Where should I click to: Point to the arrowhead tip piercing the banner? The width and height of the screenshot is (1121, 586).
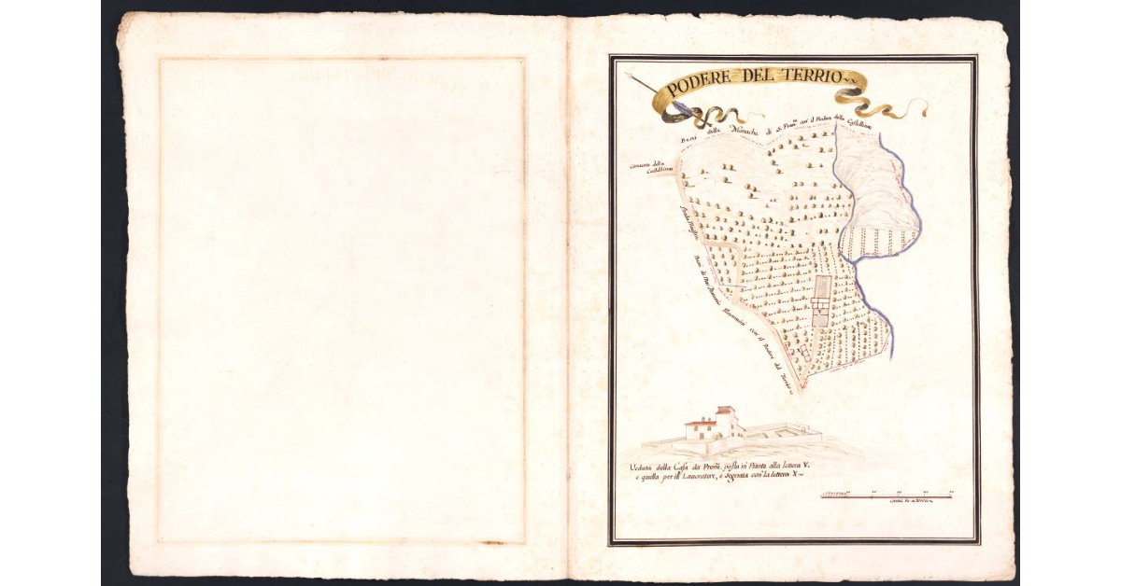[628, 77]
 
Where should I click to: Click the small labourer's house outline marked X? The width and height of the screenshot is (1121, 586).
[802, 353]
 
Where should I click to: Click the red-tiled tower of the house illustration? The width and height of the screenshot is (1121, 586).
[725, 416]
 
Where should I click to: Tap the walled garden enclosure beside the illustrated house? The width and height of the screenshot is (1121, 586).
[785, 432]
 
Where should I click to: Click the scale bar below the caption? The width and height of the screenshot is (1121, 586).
[886, 495]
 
